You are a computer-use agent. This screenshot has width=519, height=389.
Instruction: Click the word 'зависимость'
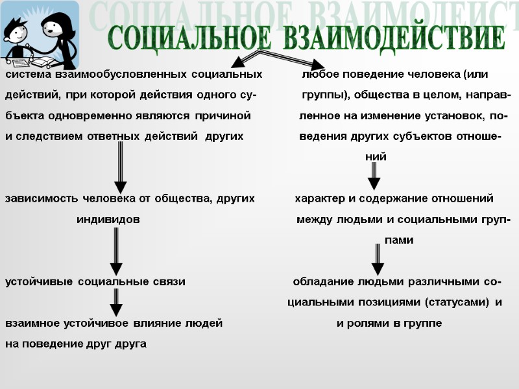[x=41, y=198]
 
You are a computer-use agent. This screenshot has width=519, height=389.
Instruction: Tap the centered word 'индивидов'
[x=108, y=220]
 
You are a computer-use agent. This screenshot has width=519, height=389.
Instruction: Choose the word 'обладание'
[x=322, y=282]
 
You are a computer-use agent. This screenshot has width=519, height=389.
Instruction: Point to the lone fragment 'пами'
[x=399, y=241]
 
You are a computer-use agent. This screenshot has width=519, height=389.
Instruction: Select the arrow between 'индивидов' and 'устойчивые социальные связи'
[x=116, y=252]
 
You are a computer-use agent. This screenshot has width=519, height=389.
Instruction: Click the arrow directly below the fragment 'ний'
[x=374, y=175]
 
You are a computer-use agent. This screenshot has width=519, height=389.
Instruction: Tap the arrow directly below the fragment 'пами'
[x=378, y=259]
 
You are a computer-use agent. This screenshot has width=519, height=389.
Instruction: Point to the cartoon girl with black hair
[x=55, y=29]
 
